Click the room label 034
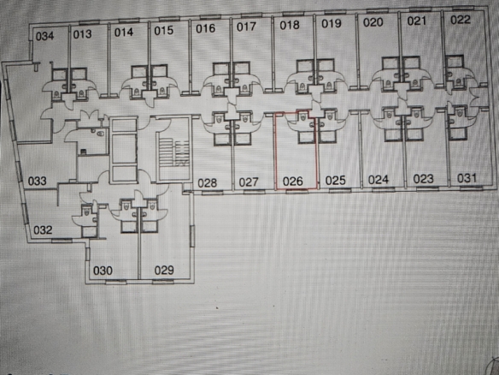click(44, 36)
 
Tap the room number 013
click(82, 34)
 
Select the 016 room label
click(205, 29)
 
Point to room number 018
click(290, 25)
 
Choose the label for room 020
click(373, 22)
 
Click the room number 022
click(461, 20)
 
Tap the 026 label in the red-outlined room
click(293, 182)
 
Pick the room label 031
click(467, 178)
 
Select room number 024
click(379, 180)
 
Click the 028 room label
click(207, 183)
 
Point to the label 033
click(38, 182)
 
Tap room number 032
click(43, 230)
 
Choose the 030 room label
click(103, 271)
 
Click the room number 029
click(164, 271)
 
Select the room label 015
click(164, 31)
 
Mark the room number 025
click(336, 181)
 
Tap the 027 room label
click(249, 182)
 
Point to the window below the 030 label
click(116, 282)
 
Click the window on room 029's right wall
click(192, 235)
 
